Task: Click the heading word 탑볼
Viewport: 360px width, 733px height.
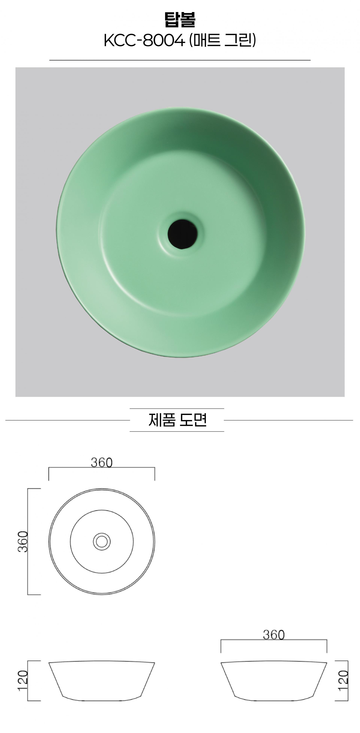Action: click(x=180, y=19)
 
